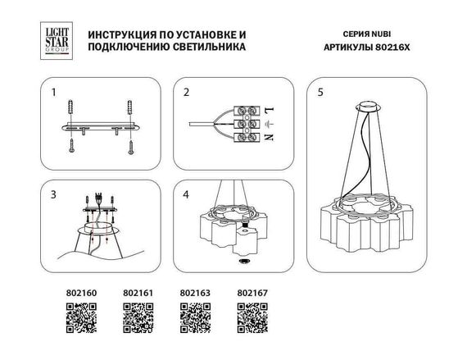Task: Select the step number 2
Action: pyautogui.click(x=186, y=92)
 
